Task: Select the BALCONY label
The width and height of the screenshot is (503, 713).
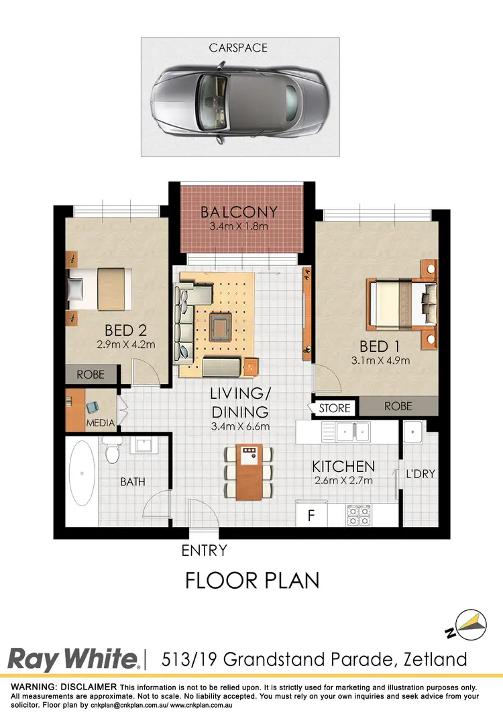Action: (x=239, y=213)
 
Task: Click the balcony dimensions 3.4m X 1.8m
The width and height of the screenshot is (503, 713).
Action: (x=239, y=226)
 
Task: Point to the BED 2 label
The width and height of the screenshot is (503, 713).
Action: (x=125, y=330)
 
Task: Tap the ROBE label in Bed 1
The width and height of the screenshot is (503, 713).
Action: (x=398, y=406)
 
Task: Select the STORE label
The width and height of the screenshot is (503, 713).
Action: (x=333, y=408)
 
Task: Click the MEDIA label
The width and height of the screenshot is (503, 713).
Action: (x=101, y=423)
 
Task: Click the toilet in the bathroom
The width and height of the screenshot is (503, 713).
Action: (x=112, y=453)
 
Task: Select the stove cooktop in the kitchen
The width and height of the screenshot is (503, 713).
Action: (x=358, y=515)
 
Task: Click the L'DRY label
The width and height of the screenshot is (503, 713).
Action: (x=421, y=474)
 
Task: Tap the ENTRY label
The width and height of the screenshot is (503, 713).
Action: (x=205, y=551)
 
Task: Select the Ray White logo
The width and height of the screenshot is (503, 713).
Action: (x=74, y=659)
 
